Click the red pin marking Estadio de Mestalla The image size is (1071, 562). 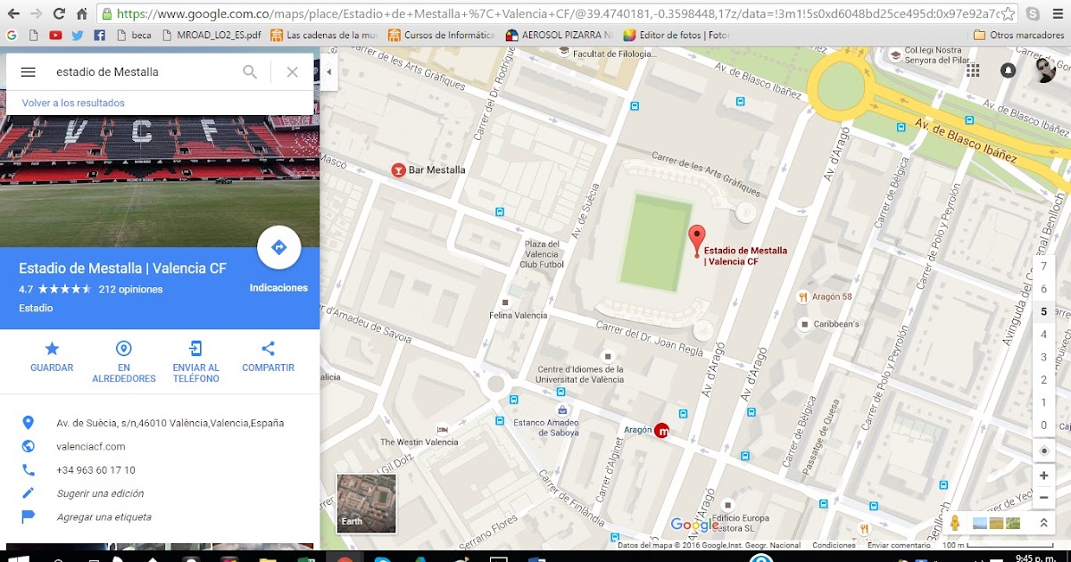[697, 239]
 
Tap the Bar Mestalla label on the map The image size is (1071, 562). [436, 169]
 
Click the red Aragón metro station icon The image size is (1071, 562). [661, 431]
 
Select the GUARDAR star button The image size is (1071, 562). [52, 349]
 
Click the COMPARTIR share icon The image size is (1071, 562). [268, 349]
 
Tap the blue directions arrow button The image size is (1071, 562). [278, 248]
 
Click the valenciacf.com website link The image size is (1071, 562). [91, 446]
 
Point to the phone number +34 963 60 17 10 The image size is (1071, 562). [95, 470]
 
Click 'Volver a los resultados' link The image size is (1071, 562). [73, 103]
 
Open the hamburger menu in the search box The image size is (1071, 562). [29, 72]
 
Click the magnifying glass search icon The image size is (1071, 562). [250, 72]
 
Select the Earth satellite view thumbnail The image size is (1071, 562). [366, 503]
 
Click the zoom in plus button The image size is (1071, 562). [1043, 475]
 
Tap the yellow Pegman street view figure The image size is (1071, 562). [954, 523]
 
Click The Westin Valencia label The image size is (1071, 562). [419, 442]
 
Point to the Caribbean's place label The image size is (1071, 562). [835, 324]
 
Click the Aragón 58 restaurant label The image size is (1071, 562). [832, 296]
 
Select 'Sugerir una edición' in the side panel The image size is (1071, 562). [100, 493]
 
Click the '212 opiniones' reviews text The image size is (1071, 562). [130, 289]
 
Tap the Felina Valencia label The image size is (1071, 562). [518, 315]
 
